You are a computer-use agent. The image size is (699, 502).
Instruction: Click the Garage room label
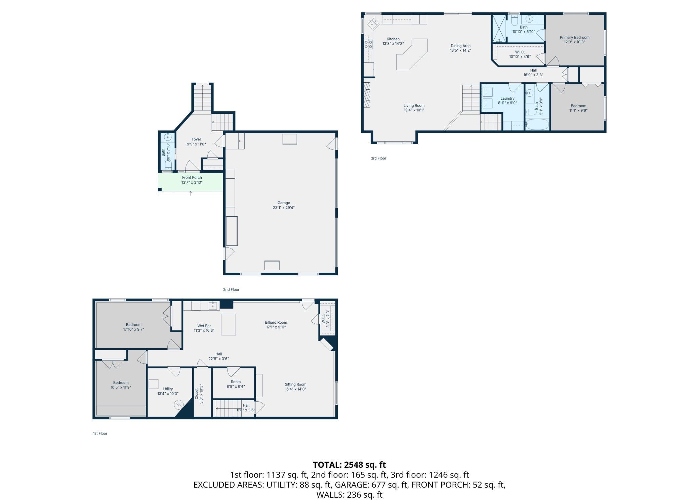point(284,203)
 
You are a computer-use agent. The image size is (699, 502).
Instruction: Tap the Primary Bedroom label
point(574,38)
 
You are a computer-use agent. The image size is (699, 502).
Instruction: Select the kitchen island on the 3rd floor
point(412,54)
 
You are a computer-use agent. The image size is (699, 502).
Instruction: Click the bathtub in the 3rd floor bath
point(537,125)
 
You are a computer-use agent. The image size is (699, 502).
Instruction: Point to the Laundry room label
point(507,98)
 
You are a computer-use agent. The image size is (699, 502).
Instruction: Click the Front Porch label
point(192,178)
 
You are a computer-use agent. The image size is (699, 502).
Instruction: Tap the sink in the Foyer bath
point(168,137)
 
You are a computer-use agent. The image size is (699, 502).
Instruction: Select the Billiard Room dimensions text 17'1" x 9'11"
point(276,327)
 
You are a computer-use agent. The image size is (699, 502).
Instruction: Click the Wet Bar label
point(204,326)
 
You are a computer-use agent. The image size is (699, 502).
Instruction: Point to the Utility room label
point(168,389)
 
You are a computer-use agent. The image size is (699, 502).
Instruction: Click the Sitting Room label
point(295,384)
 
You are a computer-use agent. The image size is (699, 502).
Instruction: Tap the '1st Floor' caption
point(100,433)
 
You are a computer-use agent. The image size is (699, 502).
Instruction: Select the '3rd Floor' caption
point(378,158)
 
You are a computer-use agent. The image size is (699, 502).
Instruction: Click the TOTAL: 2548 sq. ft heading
point(349,465)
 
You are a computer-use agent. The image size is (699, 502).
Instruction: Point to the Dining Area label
point(460,46)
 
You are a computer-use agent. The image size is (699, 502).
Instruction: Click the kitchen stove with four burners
point(368,44)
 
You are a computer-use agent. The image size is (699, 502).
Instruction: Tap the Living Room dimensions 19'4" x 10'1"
point(414,110)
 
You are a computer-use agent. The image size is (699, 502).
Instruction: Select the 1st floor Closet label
point(197,394)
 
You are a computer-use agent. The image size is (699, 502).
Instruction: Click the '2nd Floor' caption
point(231,289)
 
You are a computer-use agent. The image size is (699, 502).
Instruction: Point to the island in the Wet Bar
point(228,324)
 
